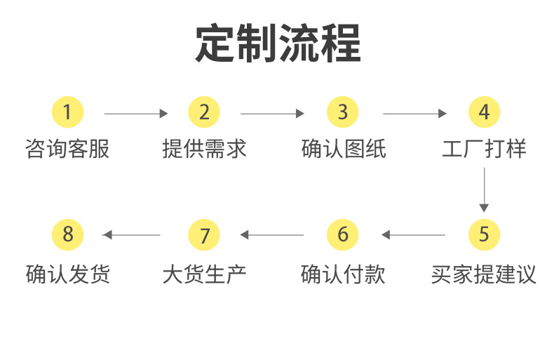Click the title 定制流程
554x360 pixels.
pos(278,44)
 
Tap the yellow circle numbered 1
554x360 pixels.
pos(67,112)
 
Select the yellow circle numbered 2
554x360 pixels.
pos(204,112)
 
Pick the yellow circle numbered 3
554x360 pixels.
pos(342,112)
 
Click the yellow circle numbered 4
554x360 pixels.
pos(484,112)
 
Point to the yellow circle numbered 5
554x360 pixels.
pos(484,234)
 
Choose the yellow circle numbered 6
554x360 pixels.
pos(342,234)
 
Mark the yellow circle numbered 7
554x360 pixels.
pos(204,234)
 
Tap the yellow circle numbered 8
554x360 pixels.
pos(67,234)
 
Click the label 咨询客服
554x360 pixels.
pos(67,149)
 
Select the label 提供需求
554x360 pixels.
pos(204,149)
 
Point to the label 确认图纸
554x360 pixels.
pos(343,149)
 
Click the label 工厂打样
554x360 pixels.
pos(484,149)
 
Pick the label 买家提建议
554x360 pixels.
pos(484,274)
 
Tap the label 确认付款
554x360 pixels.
pos(343,274)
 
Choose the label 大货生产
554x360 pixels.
pos(204,274)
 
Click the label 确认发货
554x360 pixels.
pos(67,274)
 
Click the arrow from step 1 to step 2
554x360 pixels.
pos(136,113)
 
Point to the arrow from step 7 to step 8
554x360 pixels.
pos(132,234)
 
